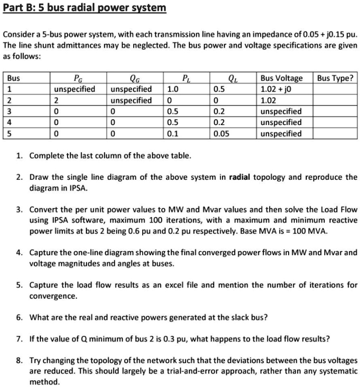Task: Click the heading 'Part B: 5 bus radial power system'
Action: [85, 8]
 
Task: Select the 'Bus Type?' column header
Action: [335, 78]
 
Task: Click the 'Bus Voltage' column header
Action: [282, 78]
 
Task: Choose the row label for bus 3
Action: [10, 111]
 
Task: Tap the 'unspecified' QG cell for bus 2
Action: [131, 100]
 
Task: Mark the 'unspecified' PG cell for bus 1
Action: [75, 89]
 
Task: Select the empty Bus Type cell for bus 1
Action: [335, 89]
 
